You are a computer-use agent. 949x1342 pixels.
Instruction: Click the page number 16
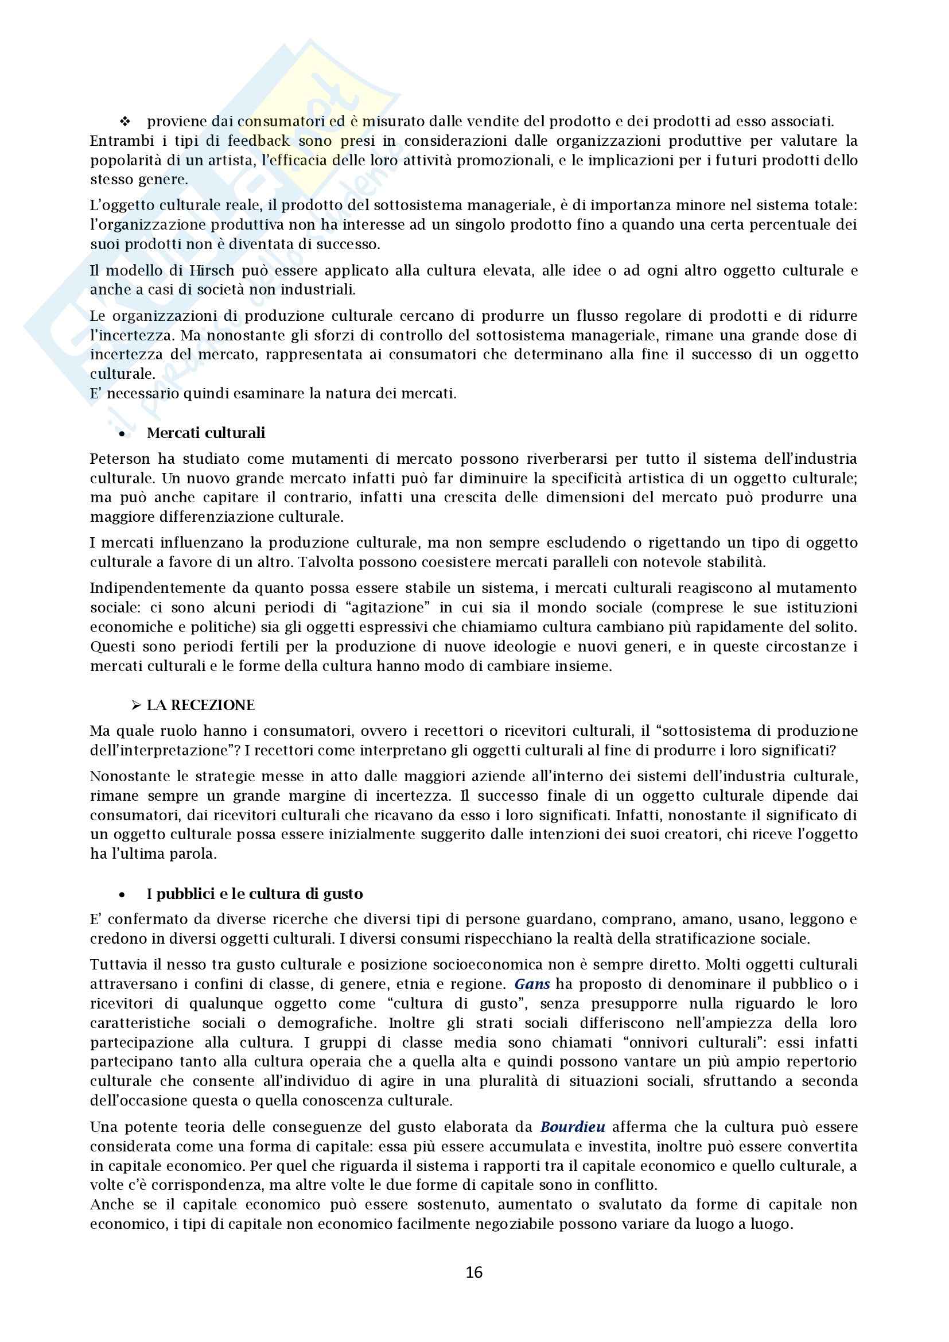pyautogui.click(x=474, y=1273)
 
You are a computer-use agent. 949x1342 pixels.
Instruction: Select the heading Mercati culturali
pyautogui.click(x=206, y=433)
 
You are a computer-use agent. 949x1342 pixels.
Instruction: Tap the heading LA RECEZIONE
pyautogui.click(x=200, y=705)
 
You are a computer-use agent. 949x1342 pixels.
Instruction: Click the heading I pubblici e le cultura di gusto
pyautogui.click(x=255, y=894)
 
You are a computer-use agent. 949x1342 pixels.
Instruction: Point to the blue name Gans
pyautogui.click(x=532, y=984)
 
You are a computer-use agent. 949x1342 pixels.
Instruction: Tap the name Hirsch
pyautogui.click(x=211, y=270)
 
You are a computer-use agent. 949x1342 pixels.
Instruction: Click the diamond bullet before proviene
pyautogui.click(x=124, y=122)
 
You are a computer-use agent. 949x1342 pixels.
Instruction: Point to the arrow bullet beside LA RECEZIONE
pyautogui.click(x=136, y=706)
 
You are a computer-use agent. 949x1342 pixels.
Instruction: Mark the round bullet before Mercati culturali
pyautogui.click(x=122, y=435)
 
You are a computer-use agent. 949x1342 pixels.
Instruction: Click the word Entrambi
pyautogui.click(x=122, y=141)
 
